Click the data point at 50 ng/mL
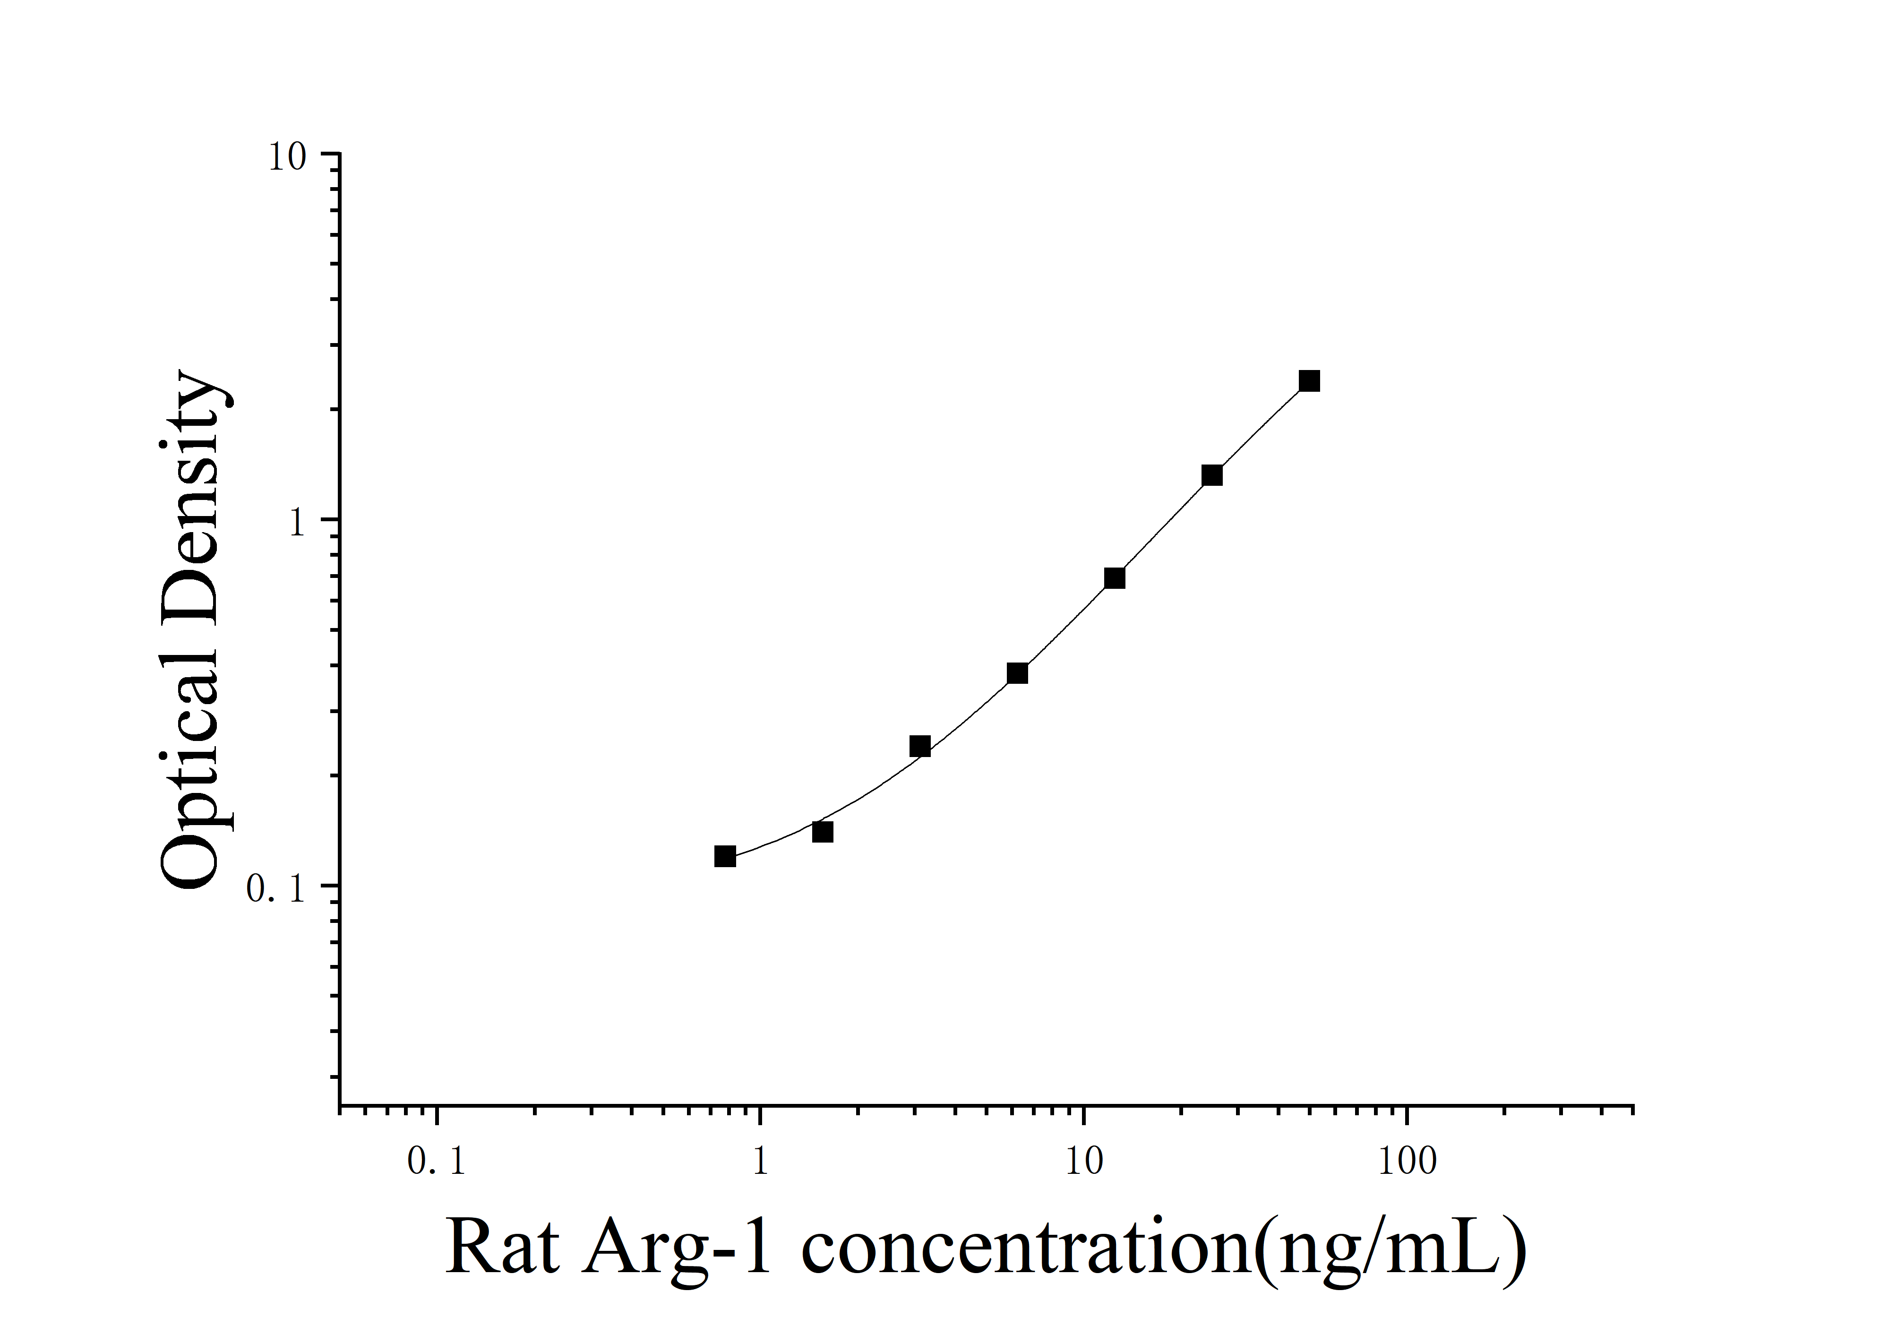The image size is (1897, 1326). [x=1309, y=381]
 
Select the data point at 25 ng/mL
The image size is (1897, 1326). [x=1211, y=475]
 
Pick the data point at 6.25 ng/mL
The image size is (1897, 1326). [x=1017, y=672]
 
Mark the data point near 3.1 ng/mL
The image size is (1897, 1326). [x=919, y=746]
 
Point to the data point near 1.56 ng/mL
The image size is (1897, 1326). [x=822, y=831]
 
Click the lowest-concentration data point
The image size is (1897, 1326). [x=725, y=856]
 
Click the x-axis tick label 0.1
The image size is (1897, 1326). [x=436, y=1162]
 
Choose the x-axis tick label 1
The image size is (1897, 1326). [x=760, y=1162]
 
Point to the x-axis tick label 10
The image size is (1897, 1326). [x=1083, y=1162]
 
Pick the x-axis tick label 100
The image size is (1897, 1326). [x=1407, y=1162]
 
